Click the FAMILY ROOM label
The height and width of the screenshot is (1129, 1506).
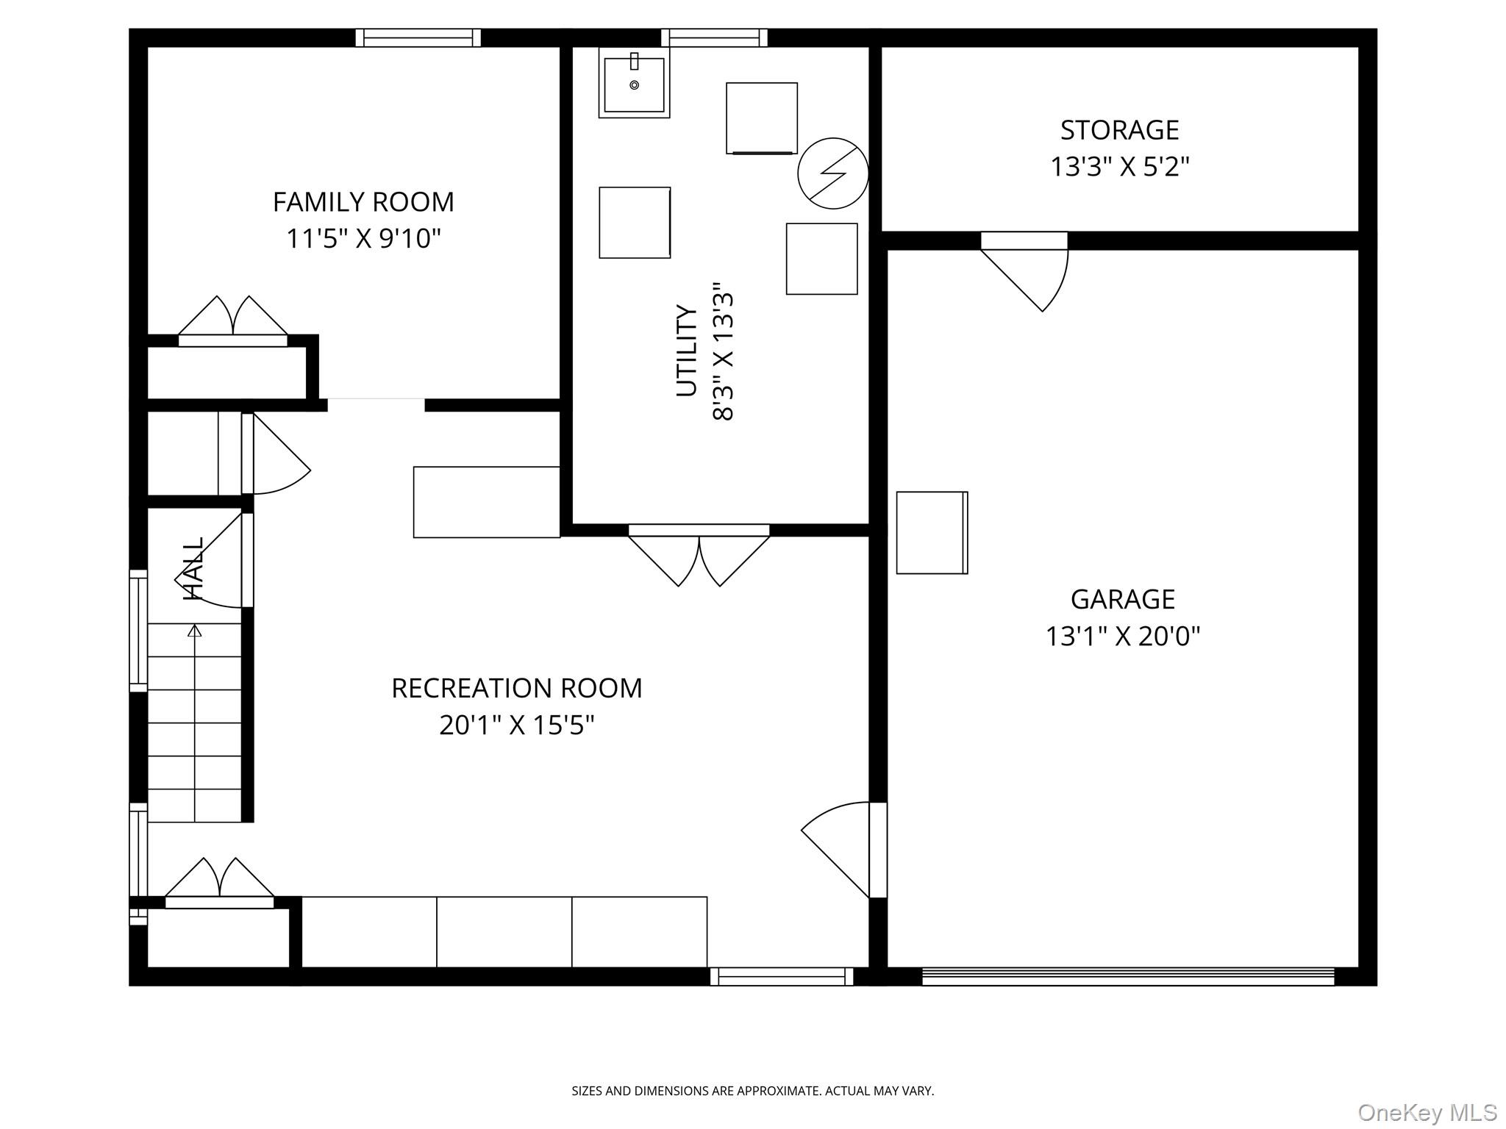coord(363,202)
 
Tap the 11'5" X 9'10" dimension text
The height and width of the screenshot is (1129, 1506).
coord(363,239)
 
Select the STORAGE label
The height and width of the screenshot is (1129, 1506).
coord(1119,130)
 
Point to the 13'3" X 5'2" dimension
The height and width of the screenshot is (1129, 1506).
coord(1119,167)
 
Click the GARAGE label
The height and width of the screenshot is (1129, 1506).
coord(1122,599)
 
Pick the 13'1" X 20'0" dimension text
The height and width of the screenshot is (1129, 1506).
coord(1122,636)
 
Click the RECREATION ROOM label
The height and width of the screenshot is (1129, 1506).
coord(516,688)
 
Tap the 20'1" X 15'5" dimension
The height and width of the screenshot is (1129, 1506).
coord(516,725)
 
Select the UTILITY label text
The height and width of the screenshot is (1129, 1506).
coord(686,351)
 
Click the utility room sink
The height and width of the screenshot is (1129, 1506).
coord(634,84)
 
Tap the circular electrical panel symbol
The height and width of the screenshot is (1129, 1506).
coord(832,173)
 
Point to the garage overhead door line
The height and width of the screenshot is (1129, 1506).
coord(1127,976)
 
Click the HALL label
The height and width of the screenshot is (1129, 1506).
coord(193,569)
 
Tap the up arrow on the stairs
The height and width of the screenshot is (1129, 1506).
coord(194,631)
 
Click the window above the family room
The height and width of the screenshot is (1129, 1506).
coord(418,37)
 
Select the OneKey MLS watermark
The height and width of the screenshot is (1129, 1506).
coord(1427,1112)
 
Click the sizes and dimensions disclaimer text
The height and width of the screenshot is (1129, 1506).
coord(752,1091)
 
